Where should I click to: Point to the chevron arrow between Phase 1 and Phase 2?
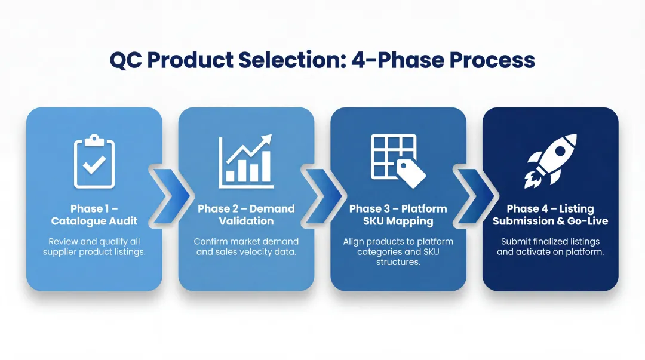[x=170, y=193]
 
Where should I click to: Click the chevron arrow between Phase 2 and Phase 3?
[x=322, y=193]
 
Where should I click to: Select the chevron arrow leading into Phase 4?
[x=475, y=193]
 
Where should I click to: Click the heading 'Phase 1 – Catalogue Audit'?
[x=94, y=215]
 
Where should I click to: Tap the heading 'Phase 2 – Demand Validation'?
[x=246, y=215]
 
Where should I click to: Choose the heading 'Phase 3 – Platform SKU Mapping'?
[x=398, y=215]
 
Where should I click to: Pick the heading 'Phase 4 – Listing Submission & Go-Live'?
[x=550, y=215]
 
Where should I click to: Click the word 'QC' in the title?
[x=125, y=60]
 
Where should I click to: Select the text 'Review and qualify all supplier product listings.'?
[x=94, y=247]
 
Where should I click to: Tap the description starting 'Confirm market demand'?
[x=246, y=247]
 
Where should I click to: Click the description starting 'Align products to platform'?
[x=398, y=252]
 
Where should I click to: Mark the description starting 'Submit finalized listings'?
[x=550, y=247]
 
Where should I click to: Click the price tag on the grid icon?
[x=411, y=173]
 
